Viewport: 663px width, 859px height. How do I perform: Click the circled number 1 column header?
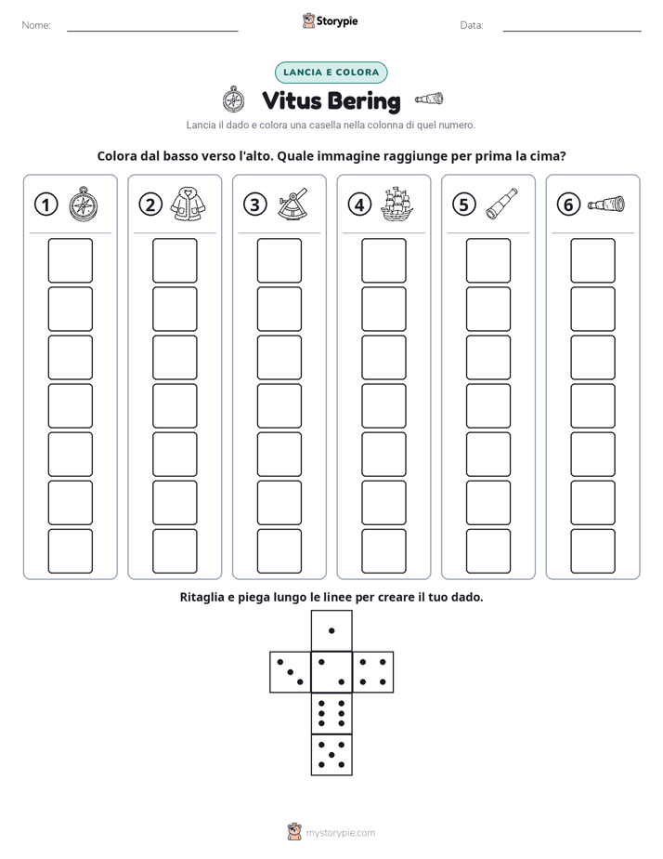45,205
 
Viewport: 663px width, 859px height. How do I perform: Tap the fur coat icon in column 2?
188,204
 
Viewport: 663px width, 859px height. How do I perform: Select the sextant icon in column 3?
292,205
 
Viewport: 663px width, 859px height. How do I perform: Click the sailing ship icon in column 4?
396,204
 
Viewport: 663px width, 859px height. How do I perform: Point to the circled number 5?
464,205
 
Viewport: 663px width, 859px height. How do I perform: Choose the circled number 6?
568,205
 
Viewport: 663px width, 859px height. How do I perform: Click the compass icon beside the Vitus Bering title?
234,99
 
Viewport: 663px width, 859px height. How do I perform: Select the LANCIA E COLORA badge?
331,73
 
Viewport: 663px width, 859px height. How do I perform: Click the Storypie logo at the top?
330,20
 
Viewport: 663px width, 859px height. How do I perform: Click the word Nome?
36,25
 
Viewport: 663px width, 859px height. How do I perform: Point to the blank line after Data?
572,32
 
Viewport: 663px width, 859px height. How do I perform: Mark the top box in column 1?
70,260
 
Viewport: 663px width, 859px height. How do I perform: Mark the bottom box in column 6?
592,551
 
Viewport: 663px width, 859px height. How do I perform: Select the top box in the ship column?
383,260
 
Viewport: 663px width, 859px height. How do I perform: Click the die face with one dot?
331,630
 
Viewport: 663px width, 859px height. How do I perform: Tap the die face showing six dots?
331,713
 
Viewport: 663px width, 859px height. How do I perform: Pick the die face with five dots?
331,755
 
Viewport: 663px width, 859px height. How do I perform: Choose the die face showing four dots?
373,672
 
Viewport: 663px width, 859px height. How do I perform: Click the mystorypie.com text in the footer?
340,833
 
